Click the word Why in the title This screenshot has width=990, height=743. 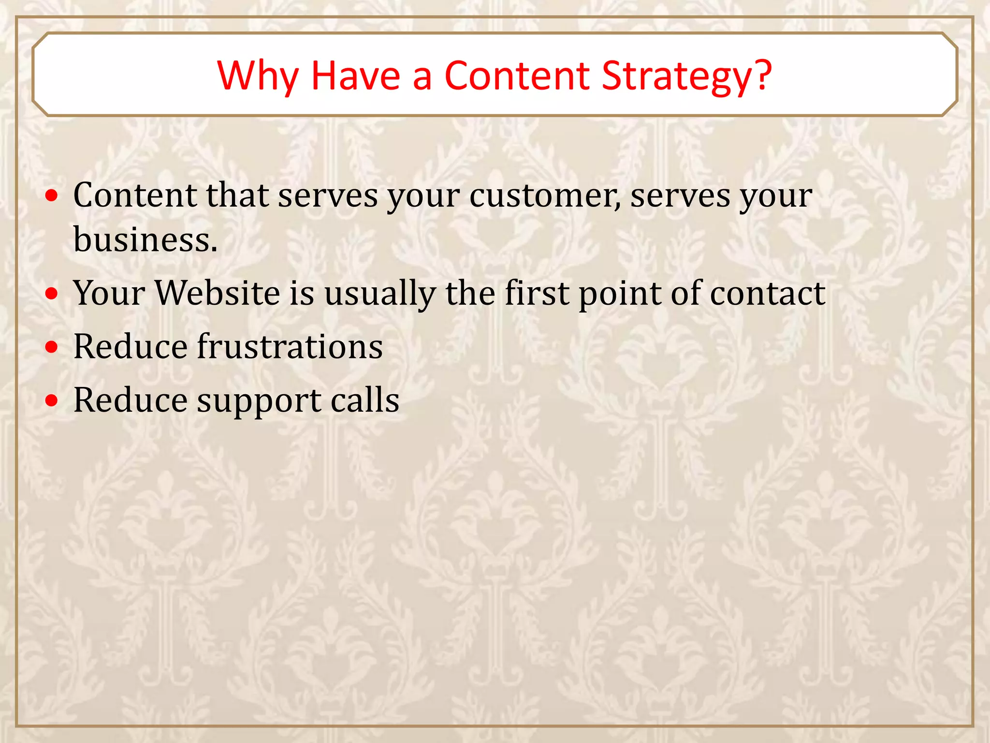(257, 76)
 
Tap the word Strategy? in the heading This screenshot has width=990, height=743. (686, 76)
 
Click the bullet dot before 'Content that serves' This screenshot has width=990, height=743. (52, 196)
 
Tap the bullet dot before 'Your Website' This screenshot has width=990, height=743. (52, 294)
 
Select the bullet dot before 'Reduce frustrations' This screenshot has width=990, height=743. (52, 347)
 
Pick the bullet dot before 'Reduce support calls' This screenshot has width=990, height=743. (52, 401)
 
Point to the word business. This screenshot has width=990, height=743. (145, 239)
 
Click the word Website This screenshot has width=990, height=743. (218, 293)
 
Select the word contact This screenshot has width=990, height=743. (767, 294)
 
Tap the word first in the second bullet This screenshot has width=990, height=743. (537, 293)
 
